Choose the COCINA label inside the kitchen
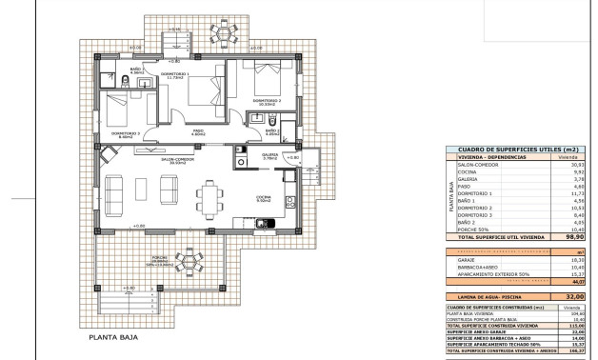pyautogui.click(x=264, y=197)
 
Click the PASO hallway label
pyautogui.click(x=198, y=132)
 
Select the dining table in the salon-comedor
pyautogui.click(x=210, y=198)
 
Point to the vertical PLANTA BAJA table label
pyautogui.click(x=451, y=193)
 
